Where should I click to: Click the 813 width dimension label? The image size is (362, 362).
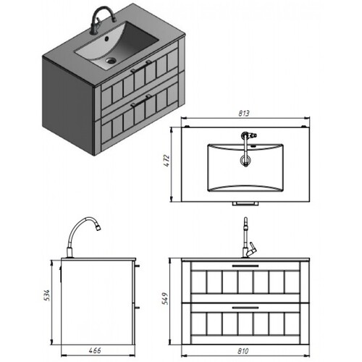(244, 113)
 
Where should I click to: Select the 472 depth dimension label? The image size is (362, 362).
(167, 161)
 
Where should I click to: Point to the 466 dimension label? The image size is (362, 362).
(95, 350)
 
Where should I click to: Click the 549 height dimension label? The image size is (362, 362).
(165, 298)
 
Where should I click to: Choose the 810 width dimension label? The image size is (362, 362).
(243, 351)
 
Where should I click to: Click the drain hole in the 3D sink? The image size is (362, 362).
(111, 60)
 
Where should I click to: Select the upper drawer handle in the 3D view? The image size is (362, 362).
(141, 67)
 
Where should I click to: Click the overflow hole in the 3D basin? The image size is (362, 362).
(106, 38)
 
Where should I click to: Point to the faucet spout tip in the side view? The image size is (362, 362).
(98, 227)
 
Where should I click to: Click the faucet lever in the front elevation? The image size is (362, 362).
(253, 248)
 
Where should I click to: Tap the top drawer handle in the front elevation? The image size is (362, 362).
(245, 266)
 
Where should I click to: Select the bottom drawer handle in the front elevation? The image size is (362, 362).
(245, 308)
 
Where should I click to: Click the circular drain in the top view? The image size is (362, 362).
(246, 160)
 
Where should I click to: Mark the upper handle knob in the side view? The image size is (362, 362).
(137, 266)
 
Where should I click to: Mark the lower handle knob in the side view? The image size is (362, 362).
(137, 308)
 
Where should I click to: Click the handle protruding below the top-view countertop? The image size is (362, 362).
(245, 203)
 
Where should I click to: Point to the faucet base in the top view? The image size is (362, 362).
(245, 135)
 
